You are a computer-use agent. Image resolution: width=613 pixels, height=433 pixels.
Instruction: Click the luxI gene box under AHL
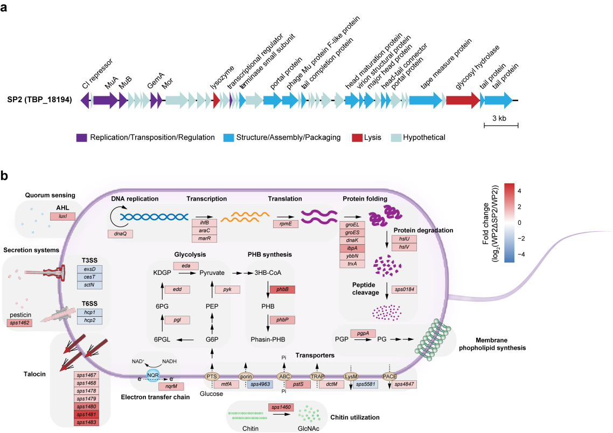pos(62,216)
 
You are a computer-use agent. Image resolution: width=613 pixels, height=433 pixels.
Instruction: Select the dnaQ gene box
pos(119,233)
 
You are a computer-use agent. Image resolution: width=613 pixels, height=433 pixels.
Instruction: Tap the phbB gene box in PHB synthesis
pos(282,289)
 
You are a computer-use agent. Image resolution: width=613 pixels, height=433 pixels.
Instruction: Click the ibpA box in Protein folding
pos(352,247)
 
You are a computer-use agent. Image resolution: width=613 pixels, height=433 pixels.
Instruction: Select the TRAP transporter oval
pos(317,376)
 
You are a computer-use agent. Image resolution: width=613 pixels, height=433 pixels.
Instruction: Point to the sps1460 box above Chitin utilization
pos(282,407)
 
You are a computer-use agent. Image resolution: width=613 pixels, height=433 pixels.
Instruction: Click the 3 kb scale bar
pos(500,125)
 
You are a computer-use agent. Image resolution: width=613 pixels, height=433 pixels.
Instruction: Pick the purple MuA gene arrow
pos(105,100)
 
